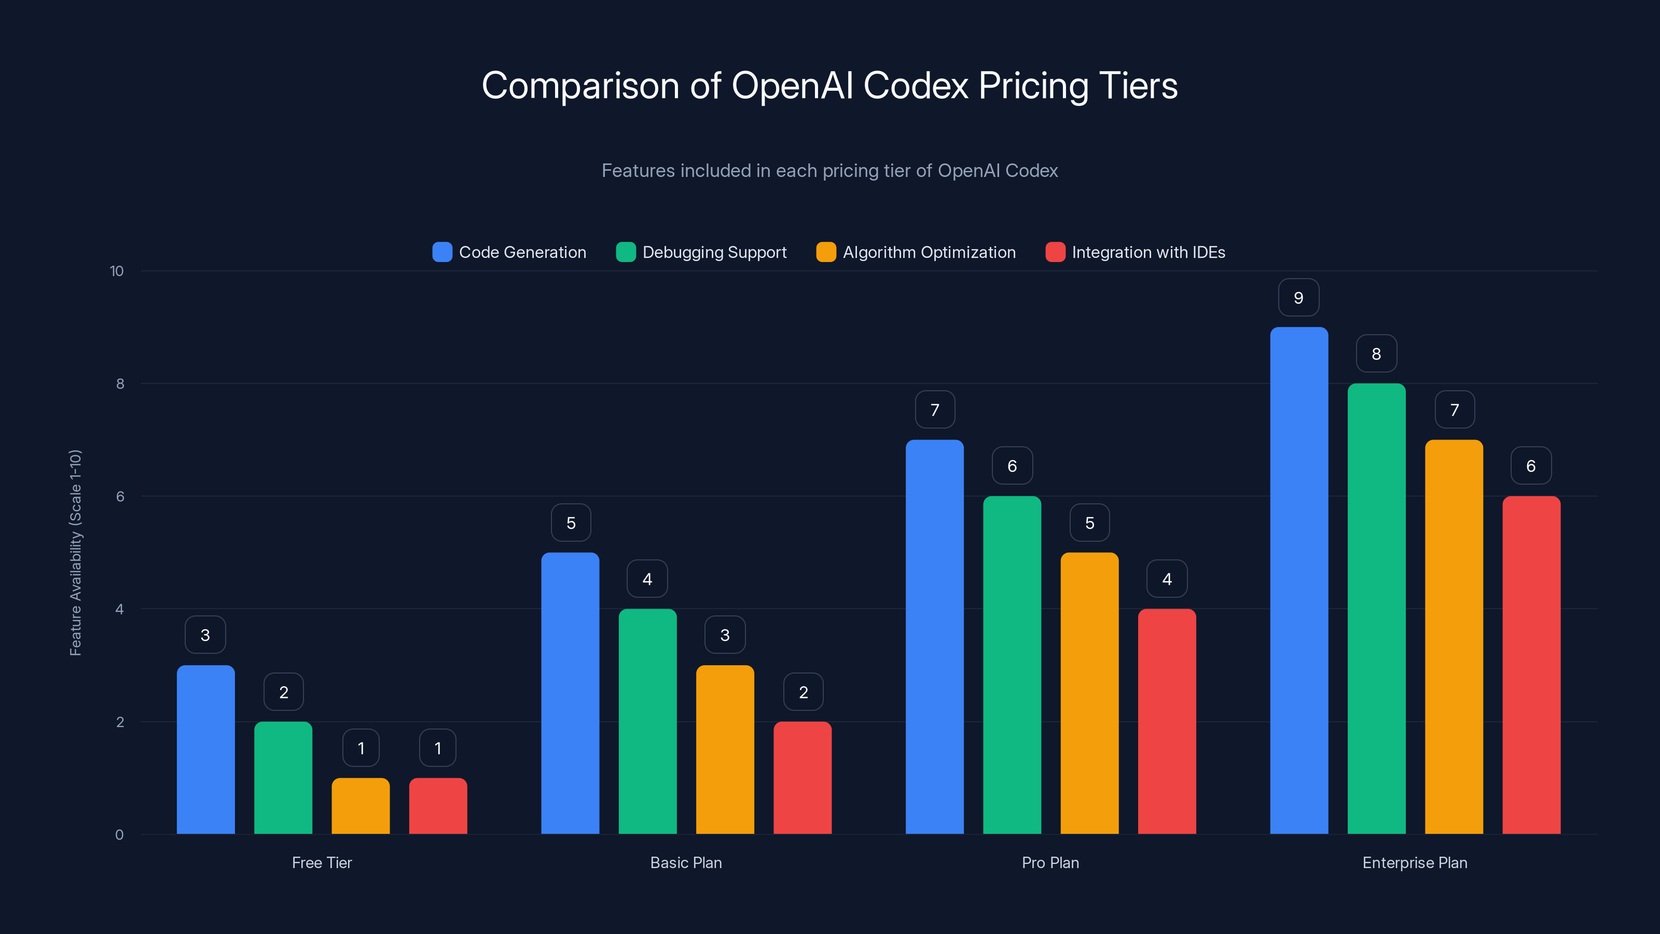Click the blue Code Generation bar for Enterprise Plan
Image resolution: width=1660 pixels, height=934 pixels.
pyautogui.click(x=1298, y=580)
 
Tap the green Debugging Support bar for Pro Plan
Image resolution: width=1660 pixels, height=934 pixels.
pyautogui.click(x=1012, y=664)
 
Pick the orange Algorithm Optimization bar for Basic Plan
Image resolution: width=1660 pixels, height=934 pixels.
pyautogui.click(x=725, y=749)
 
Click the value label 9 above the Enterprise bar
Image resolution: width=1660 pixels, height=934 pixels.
pyautogui.click(x=1298, y=298)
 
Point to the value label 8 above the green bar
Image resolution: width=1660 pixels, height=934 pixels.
pyautogui.click(x=1376, y=354)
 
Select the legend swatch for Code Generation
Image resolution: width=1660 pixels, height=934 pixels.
pyautogui.click(x=442, y=252)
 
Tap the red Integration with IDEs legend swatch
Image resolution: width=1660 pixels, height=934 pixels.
pyautogui.click(x=1055, y=252)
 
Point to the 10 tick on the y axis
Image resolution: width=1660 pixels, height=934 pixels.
pyautogui.click(x=117, y=271)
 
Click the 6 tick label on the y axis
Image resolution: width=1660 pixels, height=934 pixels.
pyautogui.click(x=120, y=497)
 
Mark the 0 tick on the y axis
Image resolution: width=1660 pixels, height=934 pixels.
pyautogui.click(x=119, y=835)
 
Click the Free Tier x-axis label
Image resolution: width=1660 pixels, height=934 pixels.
pyautogui.click(x=322, y=862)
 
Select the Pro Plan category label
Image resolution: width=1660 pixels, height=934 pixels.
pyautogui.click(x=1050, y=862)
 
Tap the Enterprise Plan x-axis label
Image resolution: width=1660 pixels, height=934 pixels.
pyautogui.click(x=1415, y=862)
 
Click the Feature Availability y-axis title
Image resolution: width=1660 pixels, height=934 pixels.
pyautogui.click(x=75, y=553)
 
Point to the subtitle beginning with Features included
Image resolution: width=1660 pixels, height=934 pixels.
pyautogui.click(x=829, y=171)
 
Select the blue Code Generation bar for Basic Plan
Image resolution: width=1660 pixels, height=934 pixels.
pyautogui.click(x=570, y=693)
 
